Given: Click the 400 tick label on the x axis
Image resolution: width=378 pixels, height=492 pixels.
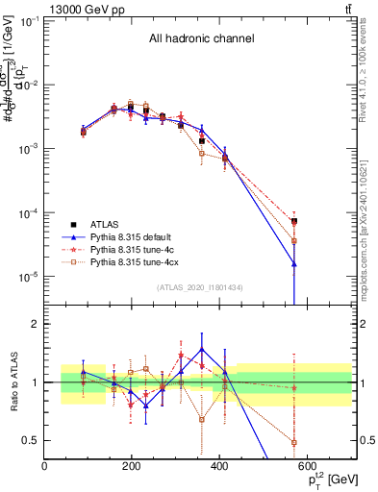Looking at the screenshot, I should pyautogui.click(x=218, y=468).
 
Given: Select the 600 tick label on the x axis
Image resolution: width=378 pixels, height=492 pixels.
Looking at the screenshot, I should pyautogui.click(x=306, y=468).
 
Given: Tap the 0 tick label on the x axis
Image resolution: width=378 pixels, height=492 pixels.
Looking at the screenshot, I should pyautogui.click(x=44, y=468).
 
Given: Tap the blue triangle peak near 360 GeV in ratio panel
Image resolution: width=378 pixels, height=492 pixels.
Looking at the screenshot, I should pyautogui.click(x=202, y=350).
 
